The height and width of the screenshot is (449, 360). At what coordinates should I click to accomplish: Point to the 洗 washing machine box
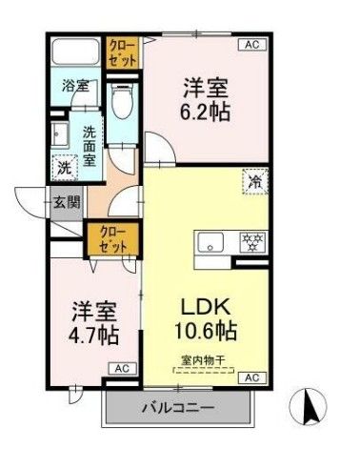click(65, 165)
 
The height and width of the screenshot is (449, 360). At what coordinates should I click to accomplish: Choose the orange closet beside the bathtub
click(122, 50)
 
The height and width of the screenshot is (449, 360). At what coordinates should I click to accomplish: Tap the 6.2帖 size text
click(208, 110)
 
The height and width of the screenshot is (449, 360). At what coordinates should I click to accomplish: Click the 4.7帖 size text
click(93, 336)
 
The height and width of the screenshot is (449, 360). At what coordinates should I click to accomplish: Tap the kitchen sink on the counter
click(210, 241)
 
